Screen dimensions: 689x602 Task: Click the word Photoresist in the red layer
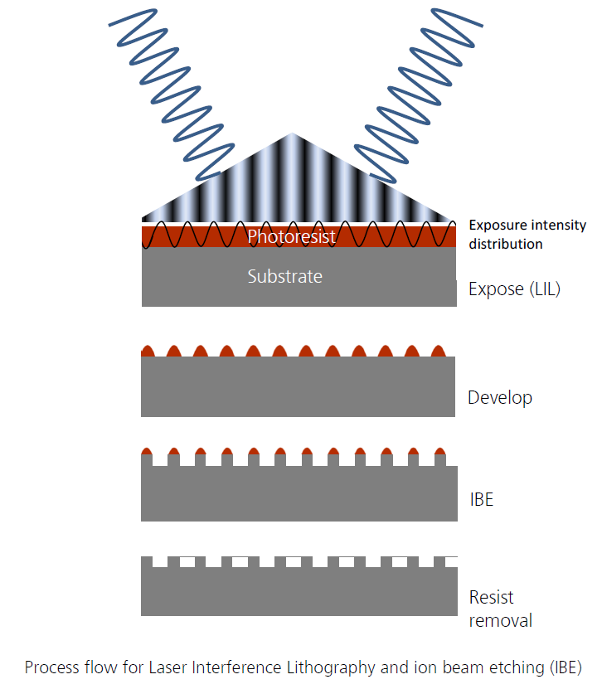(291, 237)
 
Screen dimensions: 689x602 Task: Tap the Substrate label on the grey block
(284, 276)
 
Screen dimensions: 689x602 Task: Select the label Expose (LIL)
(514, 289)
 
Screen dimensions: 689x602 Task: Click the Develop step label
(499, 397)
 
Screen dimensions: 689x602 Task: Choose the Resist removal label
(500, 609)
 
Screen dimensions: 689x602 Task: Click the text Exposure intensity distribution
(527, 234)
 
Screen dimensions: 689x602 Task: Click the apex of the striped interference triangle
(291, 135)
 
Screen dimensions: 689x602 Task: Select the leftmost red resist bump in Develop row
(148, 351)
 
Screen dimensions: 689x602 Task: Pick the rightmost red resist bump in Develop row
(439, 351)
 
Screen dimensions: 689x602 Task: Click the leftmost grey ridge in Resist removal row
(147, 562)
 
